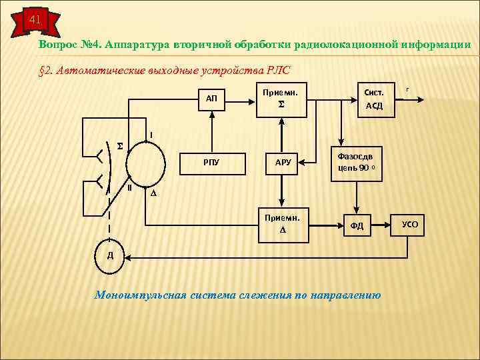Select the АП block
tap(211, 99)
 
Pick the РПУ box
tap(211, 162)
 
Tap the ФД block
tap(357, 226)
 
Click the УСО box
tap(409, 225)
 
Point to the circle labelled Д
tap(110, 256)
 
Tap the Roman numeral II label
tap(129, 188)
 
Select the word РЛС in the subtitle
tap(278, 69)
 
